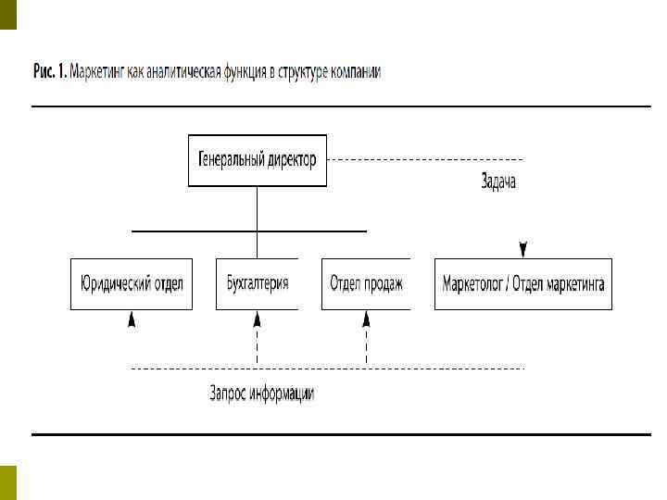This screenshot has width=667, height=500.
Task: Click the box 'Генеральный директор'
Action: pos(257,160)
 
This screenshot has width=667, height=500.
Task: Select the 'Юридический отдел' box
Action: pos(132,283)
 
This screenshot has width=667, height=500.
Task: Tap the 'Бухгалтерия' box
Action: pos(257,283)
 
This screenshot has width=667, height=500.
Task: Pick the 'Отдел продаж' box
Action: pos(366,283)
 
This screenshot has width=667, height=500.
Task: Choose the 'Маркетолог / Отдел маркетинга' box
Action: pos(522,283)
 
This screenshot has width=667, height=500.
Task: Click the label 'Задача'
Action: pos(498,182)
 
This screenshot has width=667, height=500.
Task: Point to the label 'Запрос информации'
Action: pos(262,394)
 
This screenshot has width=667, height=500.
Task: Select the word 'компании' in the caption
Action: pos(352,71)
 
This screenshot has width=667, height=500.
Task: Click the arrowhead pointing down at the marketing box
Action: pos(523,249)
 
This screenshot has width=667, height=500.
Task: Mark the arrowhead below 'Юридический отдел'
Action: pos(132,319)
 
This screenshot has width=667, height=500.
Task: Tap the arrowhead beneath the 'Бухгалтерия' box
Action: pos(258,319)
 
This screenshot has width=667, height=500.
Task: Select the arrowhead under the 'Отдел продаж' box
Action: pos(366,319)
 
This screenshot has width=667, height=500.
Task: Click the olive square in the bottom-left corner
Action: pos(8,481)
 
